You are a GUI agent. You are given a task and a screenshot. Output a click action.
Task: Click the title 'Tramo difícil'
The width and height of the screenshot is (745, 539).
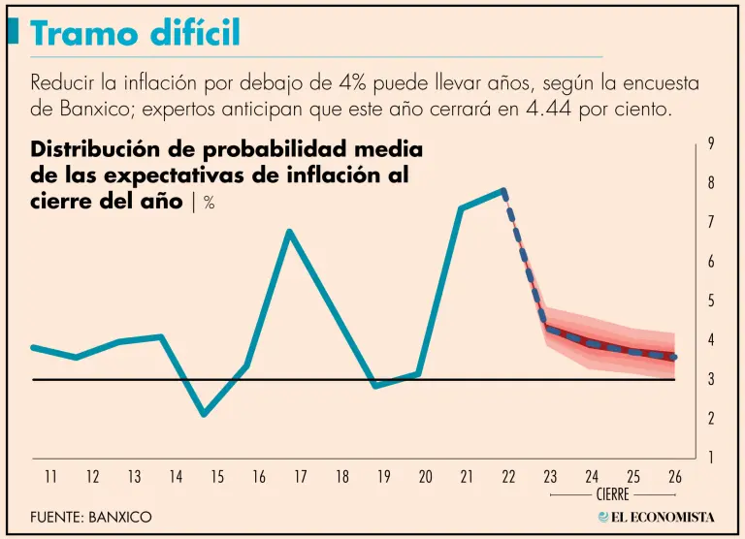[x=135, y=34]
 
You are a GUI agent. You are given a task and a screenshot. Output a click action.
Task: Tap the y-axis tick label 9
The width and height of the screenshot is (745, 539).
[x=711, y=143]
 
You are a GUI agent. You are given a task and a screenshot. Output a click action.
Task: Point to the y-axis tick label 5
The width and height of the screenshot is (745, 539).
[x=711, y=301]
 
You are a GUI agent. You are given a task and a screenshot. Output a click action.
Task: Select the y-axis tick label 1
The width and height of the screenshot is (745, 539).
[x=711, y=458]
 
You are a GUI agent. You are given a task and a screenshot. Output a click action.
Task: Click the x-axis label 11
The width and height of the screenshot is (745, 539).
[x=50, y=477]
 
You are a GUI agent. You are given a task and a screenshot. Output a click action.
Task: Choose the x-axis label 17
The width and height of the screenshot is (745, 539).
[x=301, y=477]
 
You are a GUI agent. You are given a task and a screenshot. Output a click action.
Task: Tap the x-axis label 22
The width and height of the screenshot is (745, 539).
[x=508, y=477]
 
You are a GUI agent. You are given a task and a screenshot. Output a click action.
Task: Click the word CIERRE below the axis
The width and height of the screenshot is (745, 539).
[x=613, y=494]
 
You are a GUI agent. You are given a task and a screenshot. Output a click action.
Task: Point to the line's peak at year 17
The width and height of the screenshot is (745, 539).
[x=289, y=232]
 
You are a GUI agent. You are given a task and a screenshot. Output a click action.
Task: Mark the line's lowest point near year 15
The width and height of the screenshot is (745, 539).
[x=204, y=415]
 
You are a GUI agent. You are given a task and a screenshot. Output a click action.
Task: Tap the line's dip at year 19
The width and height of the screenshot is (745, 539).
[x=376, y=386]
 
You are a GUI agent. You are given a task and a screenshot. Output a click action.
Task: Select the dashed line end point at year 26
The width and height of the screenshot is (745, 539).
[x=674, y=358]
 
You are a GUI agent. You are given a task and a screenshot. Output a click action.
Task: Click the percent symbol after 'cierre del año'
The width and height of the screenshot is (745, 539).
[x=209, y=203]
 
